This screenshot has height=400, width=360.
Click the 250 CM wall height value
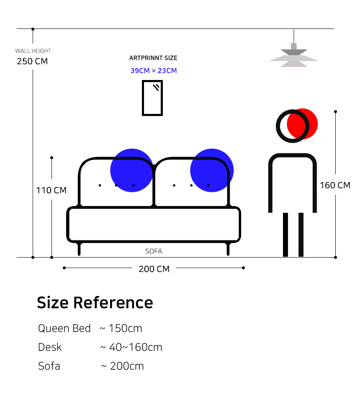point(32,61)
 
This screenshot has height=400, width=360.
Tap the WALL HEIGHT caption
point(33,51)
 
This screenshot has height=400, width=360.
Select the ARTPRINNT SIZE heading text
point(153,58)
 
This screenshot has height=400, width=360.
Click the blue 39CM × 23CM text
point(154,70)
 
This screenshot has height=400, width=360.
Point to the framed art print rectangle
point(152,98)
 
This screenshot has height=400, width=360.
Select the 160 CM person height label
point(335,185)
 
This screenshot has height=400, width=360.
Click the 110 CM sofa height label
point(51,190)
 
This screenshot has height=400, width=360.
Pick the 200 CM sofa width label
point(154,269)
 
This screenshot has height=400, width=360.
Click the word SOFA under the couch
point(154,251)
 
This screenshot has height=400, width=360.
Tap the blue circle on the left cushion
point(131,170)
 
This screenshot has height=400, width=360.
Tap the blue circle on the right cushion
point(212,170)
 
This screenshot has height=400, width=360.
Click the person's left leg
point(285,235)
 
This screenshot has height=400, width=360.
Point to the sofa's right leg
point(228,249)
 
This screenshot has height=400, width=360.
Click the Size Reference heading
point(95,302)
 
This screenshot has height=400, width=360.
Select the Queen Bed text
point(64,328)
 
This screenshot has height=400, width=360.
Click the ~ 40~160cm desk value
point(131,347)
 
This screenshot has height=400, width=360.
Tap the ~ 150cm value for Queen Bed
point(121,328)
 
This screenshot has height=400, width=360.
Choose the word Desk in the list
point(50,347)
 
